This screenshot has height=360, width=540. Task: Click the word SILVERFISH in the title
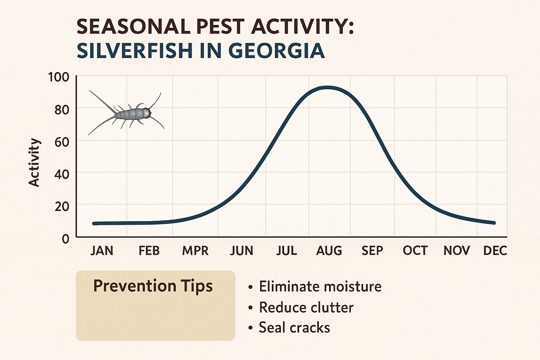(134, 51)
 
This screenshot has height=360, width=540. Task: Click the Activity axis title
(34, 162)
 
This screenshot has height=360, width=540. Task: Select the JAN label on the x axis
(102, 251)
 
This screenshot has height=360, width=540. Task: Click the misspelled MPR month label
(195, 251)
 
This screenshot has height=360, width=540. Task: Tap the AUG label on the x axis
(329, 251)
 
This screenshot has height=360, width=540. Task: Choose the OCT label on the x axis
(415, 251)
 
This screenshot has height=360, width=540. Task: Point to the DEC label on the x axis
(495, 251)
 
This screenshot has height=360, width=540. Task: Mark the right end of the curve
(494, 223)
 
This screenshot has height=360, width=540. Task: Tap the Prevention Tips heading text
(153, 286)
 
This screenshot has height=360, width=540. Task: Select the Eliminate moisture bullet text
(320, 287)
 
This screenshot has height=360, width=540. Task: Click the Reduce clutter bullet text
(306, 308)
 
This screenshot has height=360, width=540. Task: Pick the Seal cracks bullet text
(294, 328)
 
